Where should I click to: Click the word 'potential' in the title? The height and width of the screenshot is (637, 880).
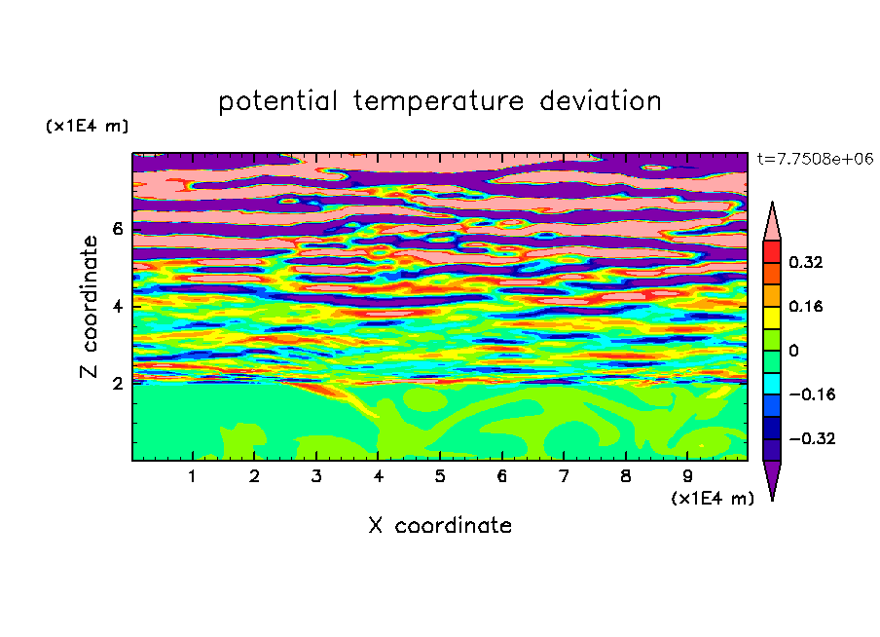pos(277,102)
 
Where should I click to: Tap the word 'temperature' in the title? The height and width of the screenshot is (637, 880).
pos(438,101)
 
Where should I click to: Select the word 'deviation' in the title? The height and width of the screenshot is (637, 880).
pos(600,101)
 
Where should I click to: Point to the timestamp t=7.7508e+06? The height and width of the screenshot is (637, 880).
pos(815,159)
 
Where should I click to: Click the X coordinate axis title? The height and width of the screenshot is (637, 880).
pos(440,525)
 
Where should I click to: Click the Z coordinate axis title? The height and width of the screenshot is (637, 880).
pos(89,306)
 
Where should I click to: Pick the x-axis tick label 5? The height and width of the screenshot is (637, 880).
pos(440,476)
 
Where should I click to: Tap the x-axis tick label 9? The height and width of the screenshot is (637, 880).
pos(687,476)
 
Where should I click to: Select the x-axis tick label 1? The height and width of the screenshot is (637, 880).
pos(193,476)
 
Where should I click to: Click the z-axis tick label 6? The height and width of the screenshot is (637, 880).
pos(117,229)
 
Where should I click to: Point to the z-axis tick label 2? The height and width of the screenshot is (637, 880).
pos(117,383)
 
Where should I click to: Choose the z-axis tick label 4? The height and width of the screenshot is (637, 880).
pos(117,306)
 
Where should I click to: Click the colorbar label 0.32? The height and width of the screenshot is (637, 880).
pos(805,262)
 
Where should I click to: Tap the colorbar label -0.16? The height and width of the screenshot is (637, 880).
pos(812,394)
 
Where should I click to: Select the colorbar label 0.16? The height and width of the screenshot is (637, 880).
pos(805,306)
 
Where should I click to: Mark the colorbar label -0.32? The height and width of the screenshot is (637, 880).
pos(812,438)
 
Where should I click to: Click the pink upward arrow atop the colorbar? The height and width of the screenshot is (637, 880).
pos(772,225)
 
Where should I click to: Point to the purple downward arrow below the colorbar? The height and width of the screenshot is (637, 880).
pos(772,477)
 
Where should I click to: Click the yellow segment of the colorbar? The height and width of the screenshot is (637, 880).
pos(772,318)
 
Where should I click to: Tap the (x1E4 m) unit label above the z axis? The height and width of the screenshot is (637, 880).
pos(87,126)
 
